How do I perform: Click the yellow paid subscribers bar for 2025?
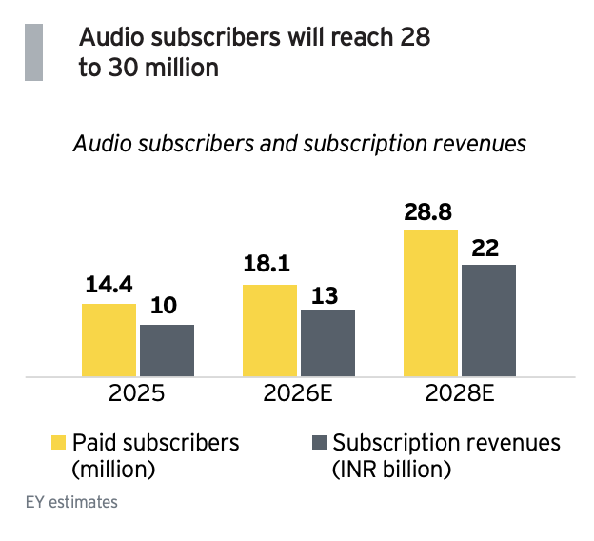109,340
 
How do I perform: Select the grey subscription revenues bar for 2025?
167,351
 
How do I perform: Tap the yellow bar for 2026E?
270,331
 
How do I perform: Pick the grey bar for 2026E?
327,343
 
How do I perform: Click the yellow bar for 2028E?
430,303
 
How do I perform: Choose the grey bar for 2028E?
488,320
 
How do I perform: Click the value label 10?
166,307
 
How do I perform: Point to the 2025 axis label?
138,394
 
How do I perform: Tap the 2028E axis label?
460,394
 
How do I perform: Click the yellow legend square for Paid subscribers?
59,443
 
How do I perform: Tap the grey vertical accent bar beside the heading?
33,52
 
